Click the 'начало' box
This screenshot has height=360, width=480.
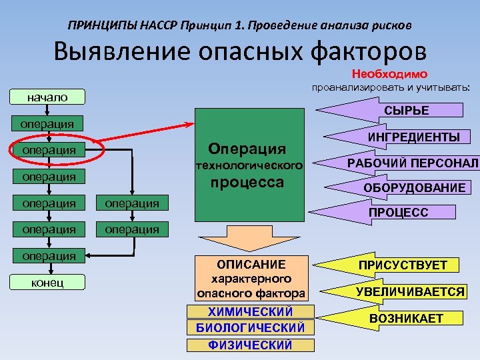[x=47, y=97]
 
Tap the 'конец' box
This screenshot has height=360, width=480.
[x=47, y=283]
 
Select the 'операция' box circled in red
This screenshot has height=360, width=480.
[x=48, y=150]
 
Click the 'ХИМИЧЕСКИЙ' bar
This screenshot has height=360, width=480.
[x=251, y=312]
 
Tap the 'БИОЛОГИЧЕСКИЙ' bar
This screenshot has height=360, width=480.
[x=251, y=328]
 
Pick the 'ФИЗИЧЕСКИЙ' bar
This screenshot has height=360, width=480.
[x=251, y=345]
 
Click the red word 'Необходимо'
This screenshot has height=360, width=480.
[x=389, y=73]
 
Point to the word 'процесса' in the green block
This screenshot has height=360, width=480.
[x=247, y=183]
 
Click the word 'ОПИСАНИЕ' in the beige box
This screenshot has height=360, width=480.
[x=251, y=264]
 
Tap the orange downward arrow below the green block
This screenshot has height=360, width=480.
[x=251, y=237]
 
